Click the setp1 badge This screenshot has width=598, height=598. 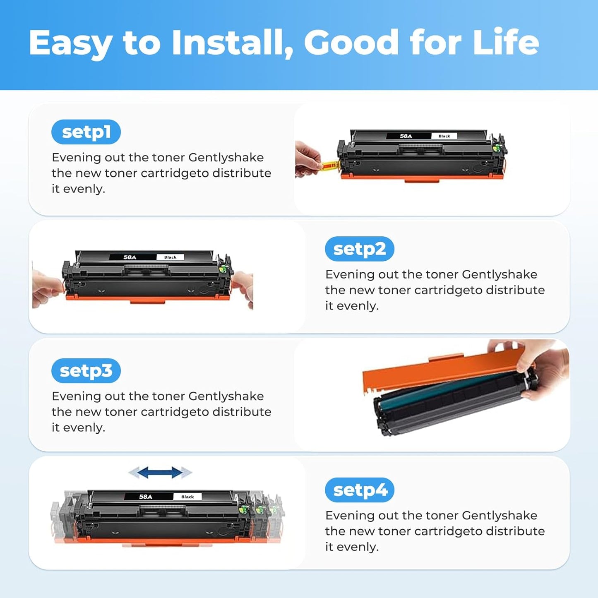pyautogui.click(x=86, y=132)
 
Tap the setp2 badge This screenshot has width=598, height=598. pyautogui.click(x=359, y=249)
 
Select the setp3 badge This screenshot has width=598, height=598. pyautogui.click(x=86, y=371)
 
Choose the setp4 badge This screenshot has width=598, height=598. pyautogui.click(x=360, y=490)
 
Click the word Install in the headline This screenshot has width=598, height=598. pyautogui.click(x=233, y=43)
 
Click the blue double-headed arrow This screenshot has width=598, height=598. pyautogui.click(x=160, y=472)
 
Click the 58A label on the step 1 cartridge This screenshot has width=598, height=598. pyautogui.click(x=406, y=136)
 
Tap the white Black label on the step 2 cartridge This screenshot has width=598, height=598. pyautogui.click(x=170, y=257)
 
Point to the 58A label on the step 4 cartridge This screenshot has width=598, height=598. pyautogui.click(x=146, y=497)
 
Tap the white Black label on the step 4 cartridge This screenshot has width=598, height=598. pyautogui.click(x=187, y=497)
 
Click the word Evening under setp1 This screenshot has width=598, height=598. pyautogui.click(x=76, y=158)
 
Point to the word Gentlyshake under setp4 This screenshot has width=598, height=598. pyautogui.click(x=500, y=516)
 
